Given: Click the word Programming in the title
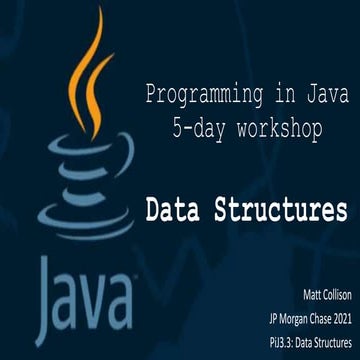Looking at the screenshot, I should (x=189, y=97).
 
